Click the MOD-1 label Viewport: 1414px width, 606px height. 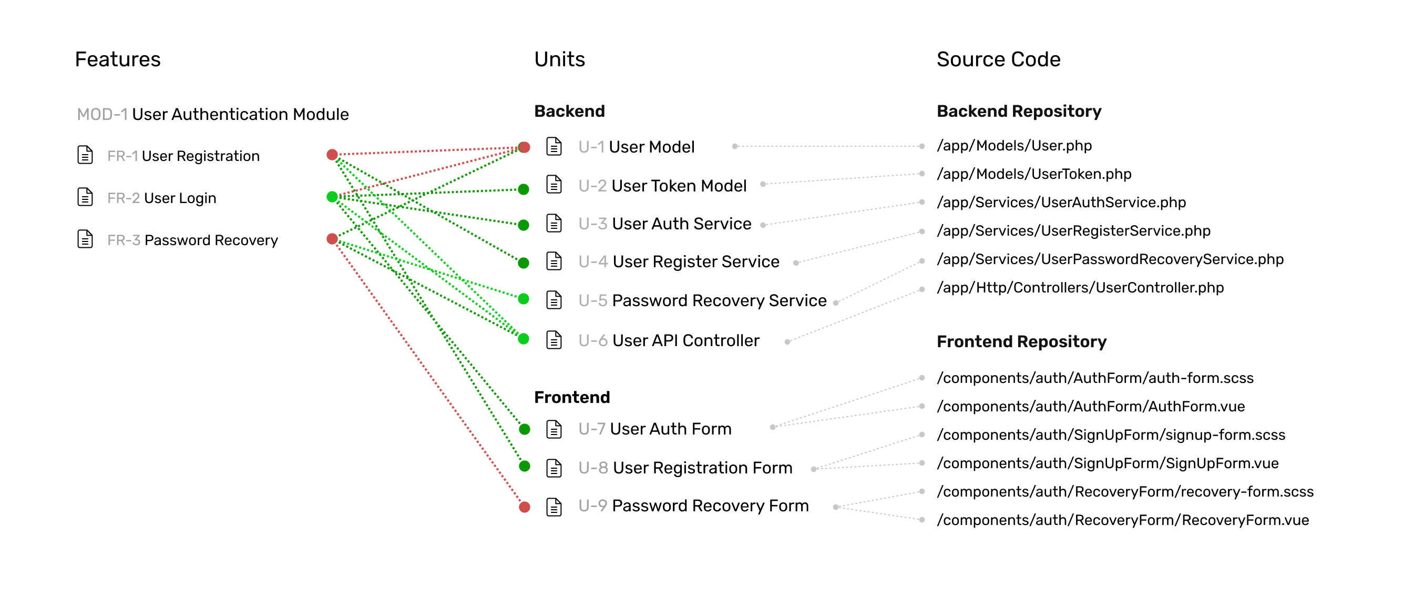(x=102, y=114)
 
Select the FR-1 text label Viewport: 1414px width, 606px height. (x=122, y=156)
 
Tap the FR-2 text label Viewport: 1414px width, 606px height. (x=124, y=198)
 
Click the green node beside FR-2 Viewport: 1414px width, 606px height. (x=332, y=197)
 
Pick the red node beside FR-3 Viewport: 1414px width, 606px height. (x=332, y=238)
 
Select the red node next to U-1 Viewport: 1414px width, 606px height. (x=524, y=147)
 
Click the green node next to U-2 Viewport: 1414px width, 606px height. (x=524, y=189)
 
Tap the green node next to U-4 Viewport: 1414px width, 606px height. (x=524, y=263)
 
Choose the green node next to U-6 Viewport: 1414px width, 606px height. (x=524, y=339)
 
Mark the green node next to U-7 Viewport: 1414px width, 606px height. (x=524, y=429)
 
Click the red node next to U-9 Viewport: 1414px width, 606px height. (x=524, y=507)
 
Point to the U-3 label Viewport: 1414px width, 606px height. (x=593, y=224)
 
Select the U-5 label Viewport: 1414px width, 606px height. (x=593, y=300)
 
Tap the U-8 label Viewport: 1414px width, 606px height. (x=593, y=468)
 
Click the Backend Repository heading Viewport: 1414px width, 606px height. (x=1019, y=112)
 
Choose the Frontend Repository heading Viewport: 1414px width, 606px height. (x=1021, y=342)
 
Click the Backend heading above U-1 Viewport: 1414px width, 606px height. (x=569, y=112)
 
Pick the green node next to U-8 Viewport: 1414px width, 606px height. (x=524, y=467)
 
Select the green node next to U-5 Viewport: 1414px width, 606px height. (x=524, y=299)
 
